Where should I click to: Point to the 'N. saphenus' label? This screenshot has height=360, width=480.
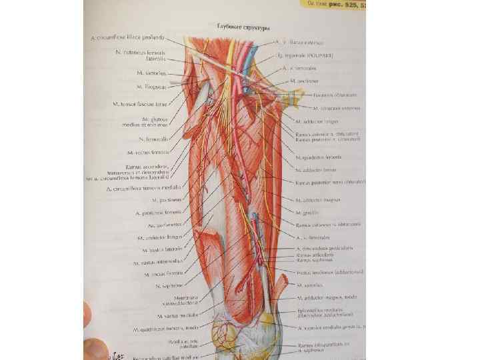click(163, 285)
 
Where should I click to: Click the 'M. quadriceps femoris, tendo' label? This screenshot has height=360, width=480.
click(157, 329)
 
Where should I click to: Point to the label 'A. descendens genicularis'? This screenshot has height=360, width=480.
click(325, 247)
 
